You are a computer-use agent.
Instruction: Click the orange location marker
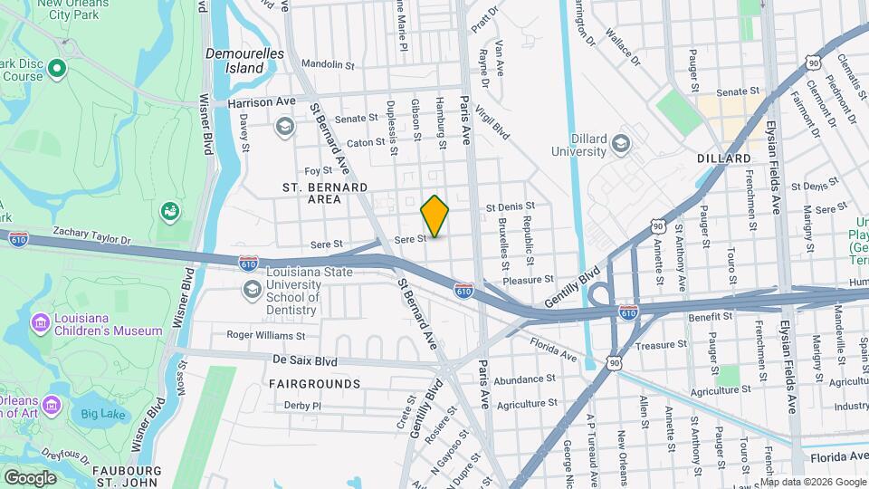(x=435, y=216)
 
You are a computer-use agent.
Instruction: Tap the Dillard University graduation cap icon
(x=621, y=143)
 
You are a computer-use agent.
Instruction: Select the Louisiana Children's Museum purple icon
(x=40, y=322)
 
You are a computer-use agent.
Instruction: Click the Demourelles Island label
(x=244, y=61)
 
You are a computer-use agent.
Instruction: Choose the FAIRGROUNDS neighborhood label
(x=314, y=384)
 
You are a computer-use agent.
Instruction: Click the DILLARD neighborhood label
(x=724, y=158)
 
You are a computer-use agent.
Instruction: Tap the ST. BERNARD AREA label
(x=325, y=193)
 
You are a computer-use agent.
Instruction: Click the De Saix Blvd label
(x=304, y=360)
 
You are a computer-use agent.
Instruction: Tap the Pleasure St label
(x=529, y=280)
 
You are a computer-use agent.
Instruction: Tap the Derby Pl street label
(x=302, y=406)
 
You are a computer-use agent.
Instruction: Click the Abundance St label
(x=525, y=379)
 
